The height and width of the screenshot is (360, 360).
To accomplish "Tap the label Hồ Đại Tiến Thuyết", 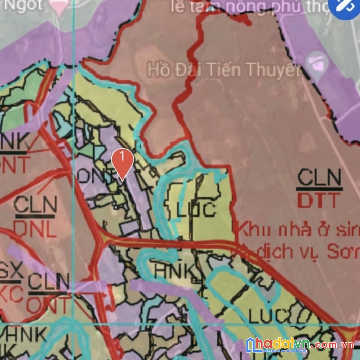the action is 223,70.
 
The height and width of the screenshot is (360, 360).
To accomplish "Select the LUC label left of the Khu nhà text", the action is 195,210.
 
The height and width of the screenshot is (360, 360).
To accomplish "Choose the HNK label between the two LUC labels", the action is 174,270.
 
